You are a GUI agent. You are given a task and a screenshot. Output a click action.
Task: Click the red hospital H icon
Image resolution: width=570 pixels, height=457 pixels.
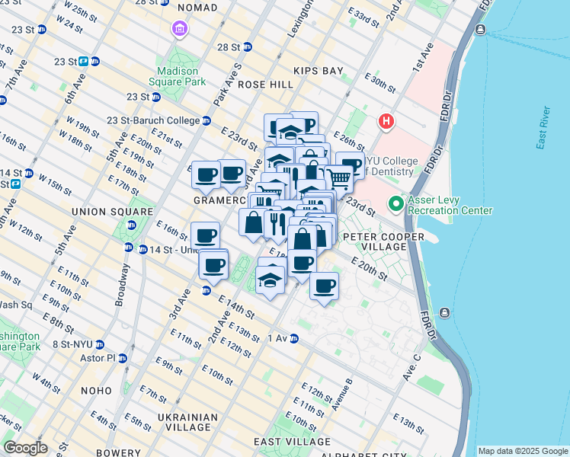click(x=387, y=122)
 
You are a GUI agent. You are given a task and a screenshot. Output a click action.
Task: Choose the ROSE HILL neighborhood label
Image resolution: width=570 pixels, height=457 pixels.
click(x=266, y=85)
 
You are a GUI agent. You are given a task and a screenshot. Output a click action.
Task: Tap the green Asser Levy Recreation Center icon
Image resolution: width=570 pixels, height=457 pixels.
click(x=395, y=204)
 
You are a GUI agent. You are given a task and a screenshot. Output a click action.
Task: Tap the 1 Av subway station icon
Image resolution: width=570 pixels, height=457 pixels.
click(x=293, y=338)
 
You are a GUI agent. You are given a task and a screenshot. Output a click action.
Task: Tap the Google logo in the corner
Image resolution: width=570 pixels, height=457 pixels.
click(x=25, y=448)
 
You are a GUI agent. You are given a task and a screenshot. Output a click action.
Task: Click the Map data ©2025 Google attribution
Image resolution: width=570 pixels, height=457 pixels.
click(x=523, y=451)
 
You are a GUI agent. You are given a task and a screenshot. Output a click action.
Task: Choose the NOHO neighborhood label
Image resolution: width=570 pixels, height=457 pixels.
click(x=97, y=390)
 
